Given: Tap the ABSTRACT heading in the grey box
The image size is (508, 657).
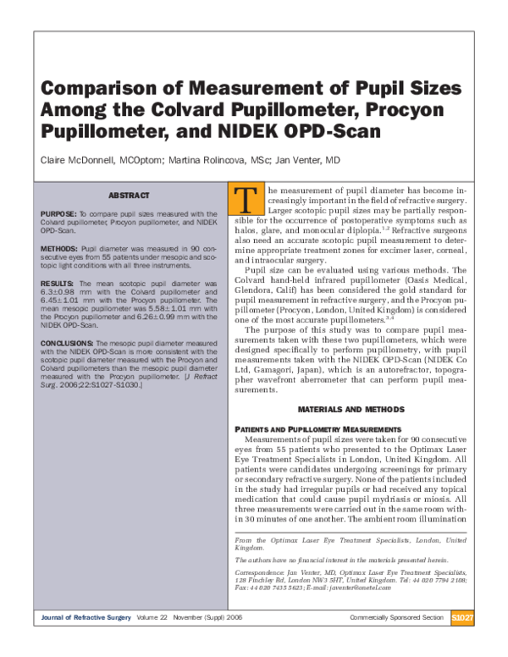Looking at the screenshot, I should pyautogui.click(x=130, y=196).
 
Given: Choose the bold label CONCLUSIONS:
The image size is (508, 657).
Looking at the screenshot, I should pyautogui.click(x=67, y=343).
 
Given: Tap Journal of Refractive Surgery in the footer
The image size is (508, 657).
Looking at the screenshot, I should pyautogui.click(x=86, y=618).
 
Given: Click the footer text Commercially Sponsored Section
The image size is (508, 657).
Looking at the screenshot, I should pyautogui.click(x=396, y=618).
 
